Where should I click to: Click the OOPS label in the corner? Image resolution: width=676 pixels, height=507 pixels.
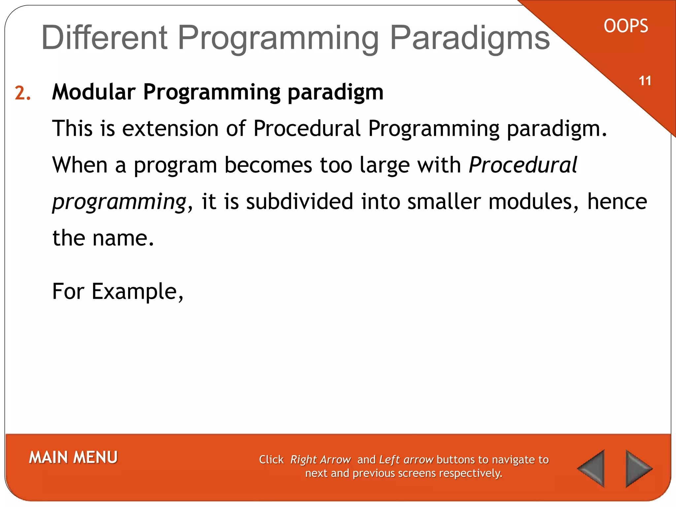626,26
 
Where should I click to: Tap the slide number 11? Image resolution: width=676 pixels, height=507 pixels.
645,81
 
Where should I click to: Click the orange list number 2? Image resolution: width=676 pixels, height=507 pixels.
22,93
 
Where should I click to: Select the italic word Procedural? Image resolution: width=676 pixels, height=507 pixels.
523,165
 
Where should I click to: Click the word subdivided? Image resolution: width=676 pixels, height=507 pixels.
299,202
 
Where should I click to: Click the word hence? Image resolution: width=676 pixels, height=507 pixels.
617,202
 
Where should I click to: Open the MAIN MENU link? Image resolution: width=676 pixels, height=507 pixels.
73,457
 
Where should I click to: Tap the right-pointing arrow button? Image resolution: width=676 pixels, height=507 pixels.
638,468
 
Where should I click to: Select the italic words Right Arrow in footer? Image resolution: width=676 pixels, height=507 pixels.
320,460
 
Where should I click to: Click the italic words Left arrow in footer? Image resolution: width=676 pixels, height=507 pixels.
406,460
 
